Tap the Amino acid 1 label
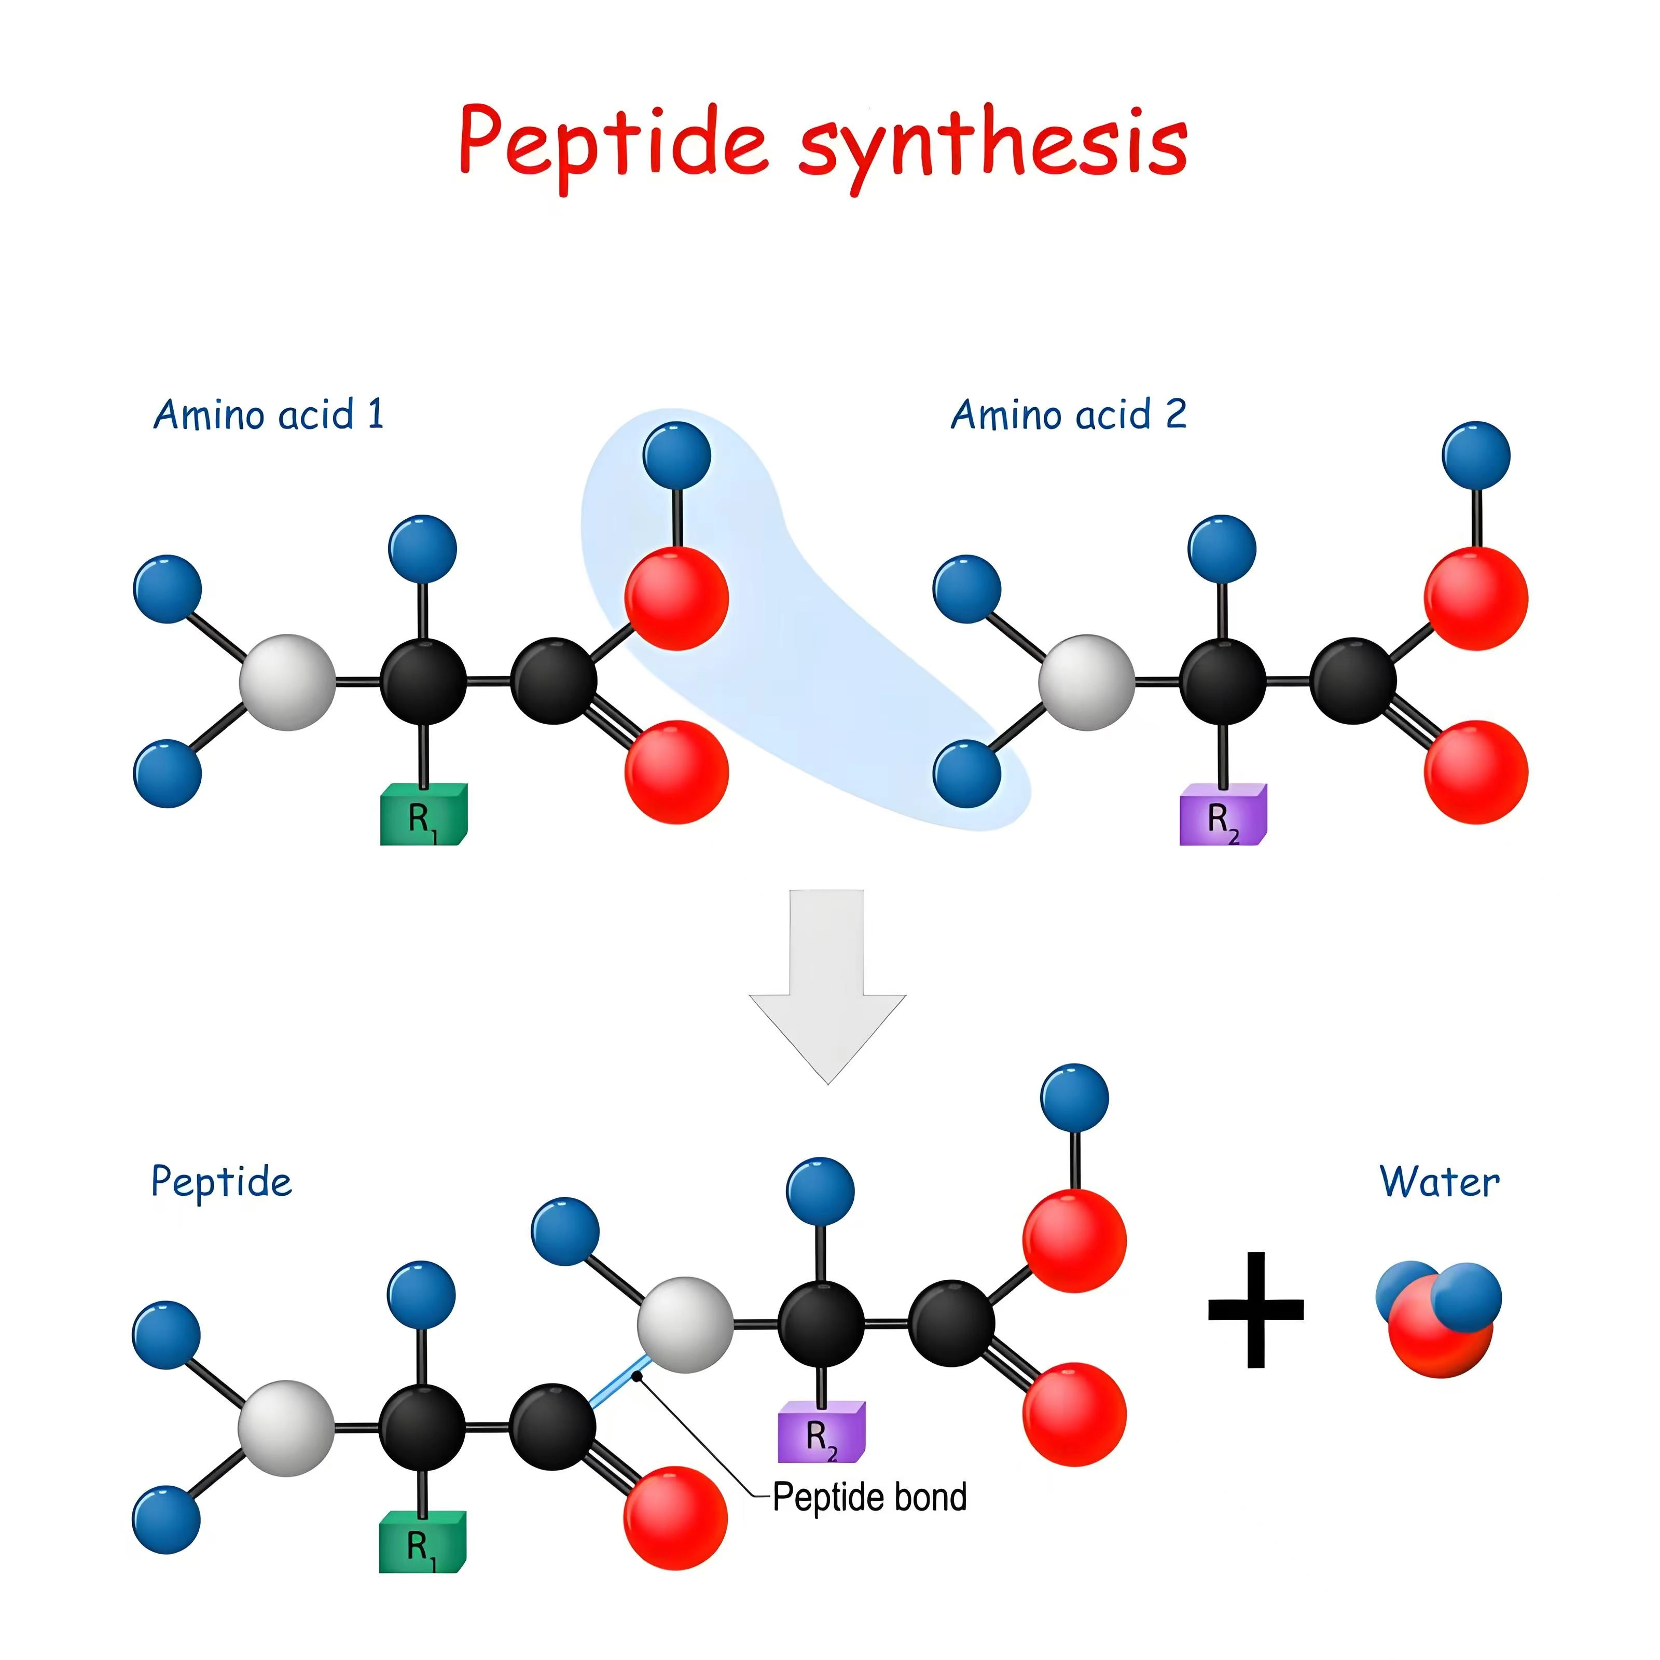click(x=268, y=415)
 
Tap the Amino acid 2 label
click(x=1068, y=415)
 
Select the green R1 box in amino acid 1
click(x=424, y=814)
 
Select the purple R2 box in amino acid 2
click(x=1223, y=814)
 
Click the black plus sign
click(x=1255, y=1309)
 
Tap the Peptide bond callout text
click(x=869, y=1497)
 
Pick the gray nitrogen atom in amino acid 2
click(x=1087, y=682)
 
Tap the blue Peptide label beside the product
click(x=222, y=1182)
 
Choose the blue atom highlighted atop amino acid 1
click(x=677, y=455)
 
